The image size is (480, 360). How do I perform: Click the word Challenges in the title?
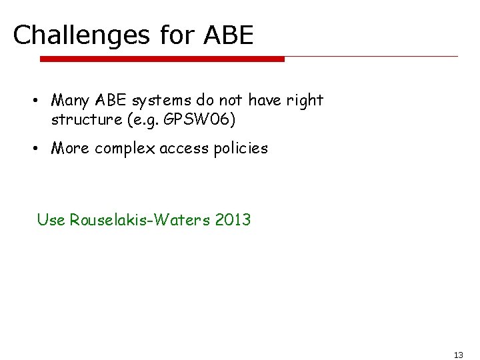[80, 35]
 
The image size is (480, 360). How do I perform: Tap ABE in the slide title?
[227, 35]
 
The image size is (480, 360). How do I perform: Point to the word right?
[305, 101]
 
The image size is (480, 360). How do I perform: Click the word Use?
[51, 219]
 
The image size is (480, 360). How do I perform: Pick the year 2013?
[233, 219]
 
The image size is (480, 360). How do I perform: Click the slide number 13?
[457, 335]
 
